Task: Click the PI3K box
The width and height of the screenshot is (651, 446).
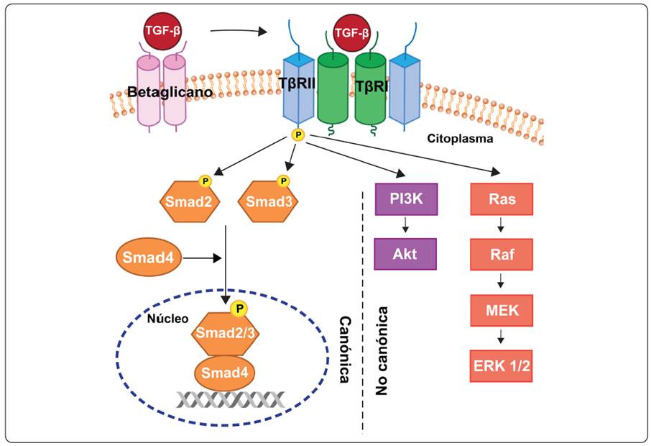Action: point(406,201)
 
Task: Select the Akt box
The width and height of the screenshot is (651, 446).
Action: point(406,253)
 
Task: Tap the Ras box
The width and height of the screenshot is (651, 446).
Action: point(502,201)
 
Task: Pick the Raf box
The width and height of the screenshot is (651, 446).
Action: point(502,253)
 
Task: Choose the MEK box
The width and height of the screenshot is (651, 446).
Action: point(502,311)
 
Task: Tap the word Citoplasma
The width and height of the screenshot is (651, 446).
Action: point(457,139)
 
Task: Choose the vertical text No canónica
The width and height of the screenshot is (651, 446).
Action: point(384,351)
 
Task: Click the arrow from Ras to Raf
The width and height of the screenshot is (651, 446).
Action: point(502,227)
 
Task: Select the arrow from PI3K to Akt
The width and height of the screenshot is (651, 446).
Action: point(406,227)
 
